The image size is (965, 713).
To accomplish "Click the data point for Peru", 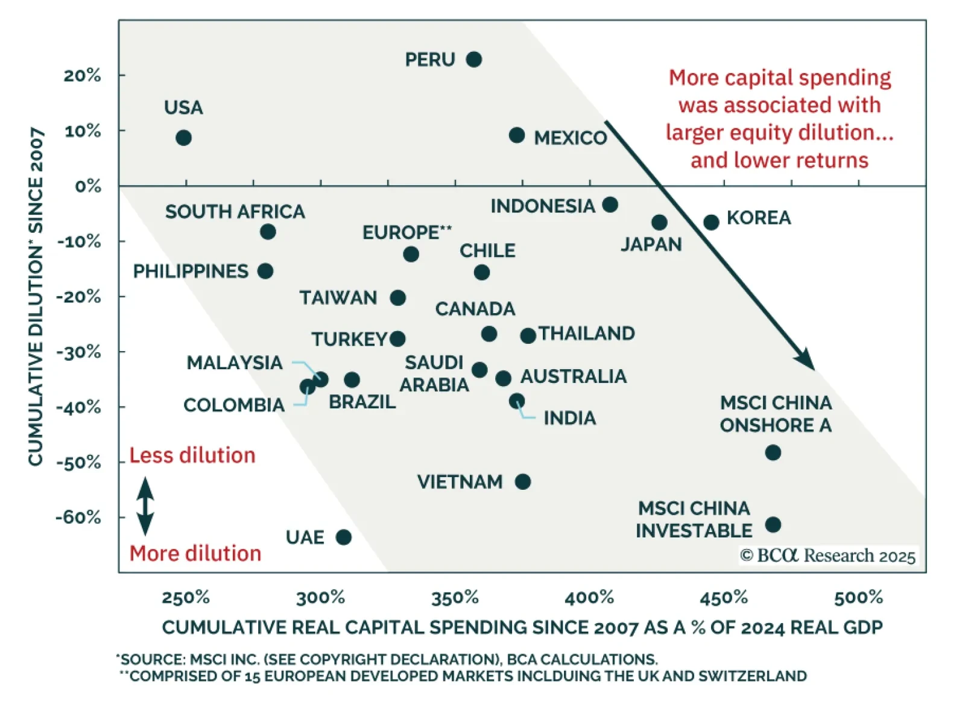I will [474, 59].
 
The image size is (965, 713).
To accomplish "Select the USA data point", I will [183, 138].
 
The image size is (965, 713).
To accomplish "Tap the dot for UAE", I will [343, 537].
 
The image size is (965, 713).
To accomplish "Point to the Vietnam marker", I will [523, 481].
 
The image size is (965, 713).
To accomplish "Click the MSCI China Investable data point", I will [773, 524].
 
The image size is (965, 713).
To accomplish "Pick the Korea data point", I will [711, 222].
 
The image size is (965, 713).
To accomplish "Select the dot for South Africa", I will [268, 231].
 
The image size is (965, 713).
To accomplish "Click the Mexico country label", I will [570, 138].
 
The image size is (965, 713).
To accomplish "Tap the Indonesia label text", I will [542, 206].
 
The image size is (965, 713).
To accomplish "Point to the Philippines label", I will [191, 271].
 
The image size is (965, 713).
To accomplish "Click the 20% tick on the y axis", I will [83, 75].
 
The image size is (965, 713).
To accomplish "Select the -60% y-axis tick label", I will [79, 518].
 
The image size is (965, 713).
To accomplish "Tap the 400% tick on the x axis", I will [589, 598].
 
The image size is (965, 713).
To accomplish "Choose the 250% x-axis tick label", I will [186, 598].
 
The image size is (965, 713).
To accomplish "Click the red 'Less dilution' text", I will [192, 455].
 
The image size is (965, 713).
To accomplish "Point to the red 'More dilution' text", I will [195, 554].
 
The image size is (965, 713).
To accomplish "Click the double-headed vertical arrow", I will [145, 506].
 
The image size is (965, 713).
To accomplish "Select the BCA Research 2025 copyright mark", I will [827, 556].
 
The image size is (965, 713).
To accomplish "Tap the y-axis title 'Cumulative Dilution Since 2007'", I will [36, 296].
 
